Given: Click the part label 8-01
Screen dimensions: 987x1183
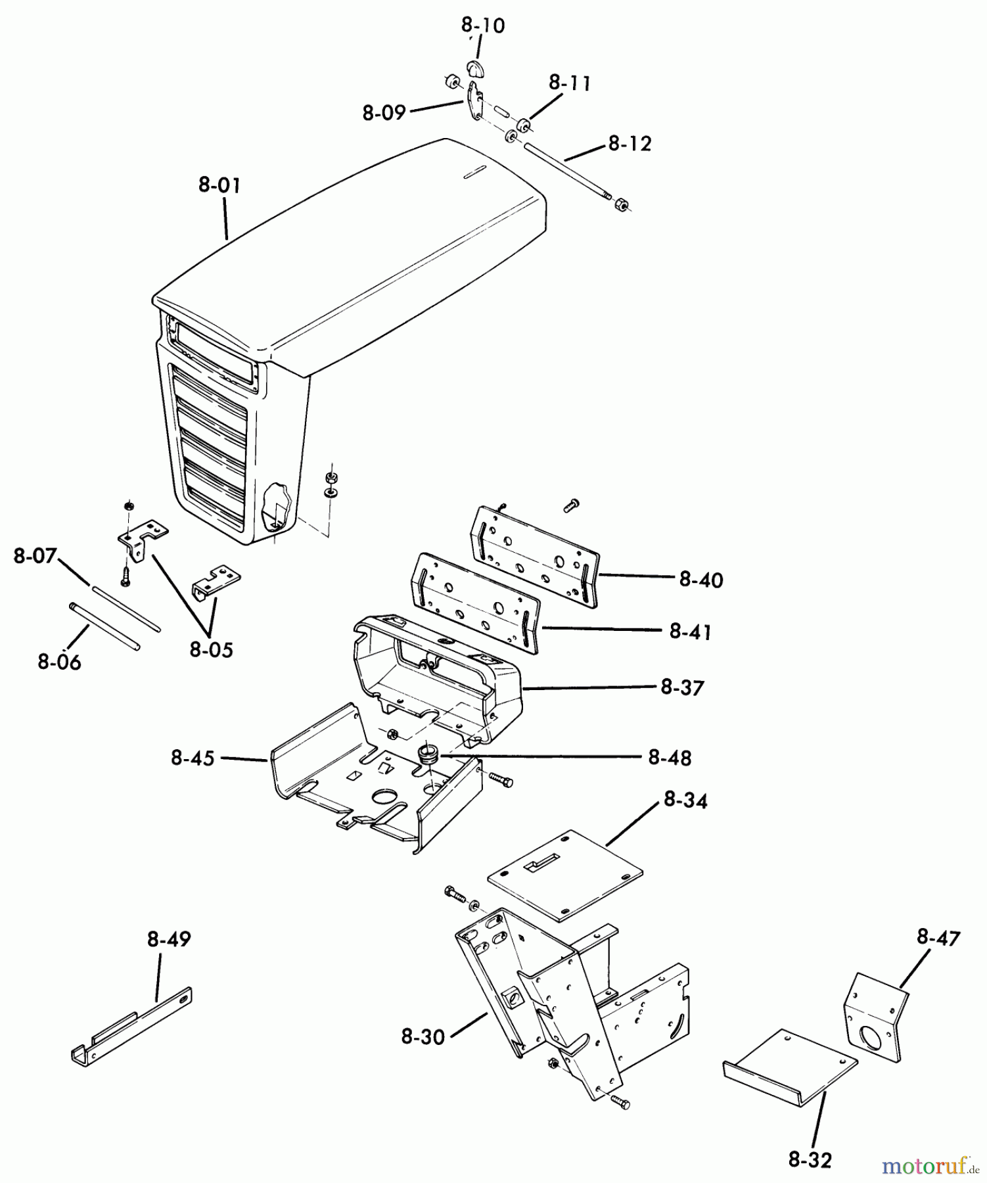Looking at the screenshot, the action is point(219,185).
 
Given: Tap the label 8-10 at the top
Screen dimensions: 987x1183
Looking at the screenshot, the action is point(483,26).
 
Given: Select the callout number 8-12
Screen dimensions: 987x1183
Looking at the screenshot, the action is point(630,143).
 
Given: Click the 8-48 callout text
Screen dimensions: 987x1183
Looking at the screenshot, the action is point(670,758).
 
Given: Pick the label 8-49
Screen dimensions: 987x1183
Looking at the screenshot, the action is point(169,940).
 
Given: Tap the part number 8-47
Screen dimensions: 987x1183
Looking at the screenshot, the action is point(939,938).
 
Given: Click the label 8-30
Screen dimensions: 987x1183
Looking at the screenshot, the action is point(423,1037).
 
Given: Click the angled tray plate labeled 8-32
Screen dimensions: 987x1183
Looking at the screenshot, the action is point(790,1067).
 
